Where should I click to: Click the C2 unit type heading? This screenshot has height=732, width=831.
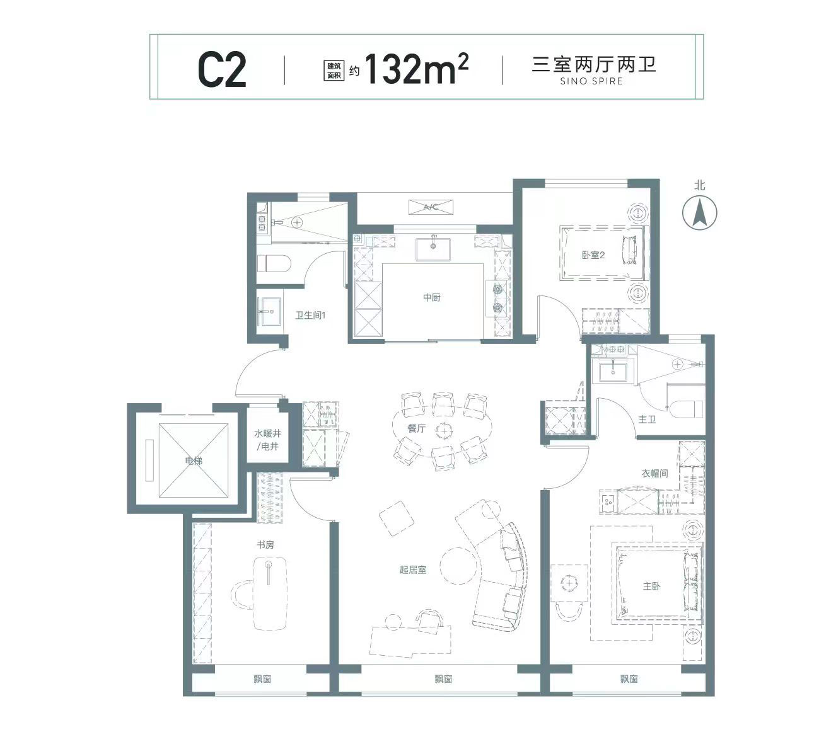click(x=222, y=71)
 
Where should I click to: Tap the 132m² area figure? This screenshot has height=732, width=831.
click(x=416, y=69)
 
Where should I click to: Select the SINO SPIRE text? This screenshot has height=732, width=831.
click(x=591, y=81)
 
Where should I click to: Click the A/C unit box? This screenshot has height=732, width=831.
click(x=431, y=207)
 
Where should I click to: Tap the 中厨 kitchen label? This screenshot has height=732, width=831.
click(x=431, y=297)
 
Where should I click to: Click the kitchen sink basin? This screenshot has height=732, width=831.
click(x=433, y=249)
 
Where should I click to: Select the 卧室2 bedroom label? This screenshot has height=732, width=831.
click(x=593, y=255)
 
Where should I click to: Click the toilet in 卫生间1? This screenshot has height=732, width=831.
click(x=274, y=263)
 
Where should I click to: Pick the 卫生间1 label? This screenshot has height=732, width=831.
click(x=310, y=315)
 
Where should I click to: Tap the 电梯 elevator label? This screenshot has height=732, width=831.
click(x=194, y=460)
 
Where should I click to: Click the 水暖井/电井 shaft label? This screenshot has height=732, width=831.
click(x=267, y=440)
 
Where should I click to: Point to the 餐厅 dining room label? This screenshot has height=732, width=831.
click(x=416, y=428)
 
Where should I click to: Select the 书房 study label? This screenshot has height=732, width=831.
click(x=265, y=545)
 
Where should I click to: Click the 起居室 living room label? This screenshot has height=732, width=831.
click(x=412, y=569)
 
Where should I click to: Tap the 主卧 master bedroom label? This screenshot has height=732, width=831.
click(x=651, y=586)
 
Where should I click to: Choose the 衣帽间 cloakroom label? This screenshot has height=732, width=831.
click(x=654, y=473)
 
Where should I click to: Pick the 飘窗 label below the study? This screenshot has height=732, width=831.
click(x=262, y=679)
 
